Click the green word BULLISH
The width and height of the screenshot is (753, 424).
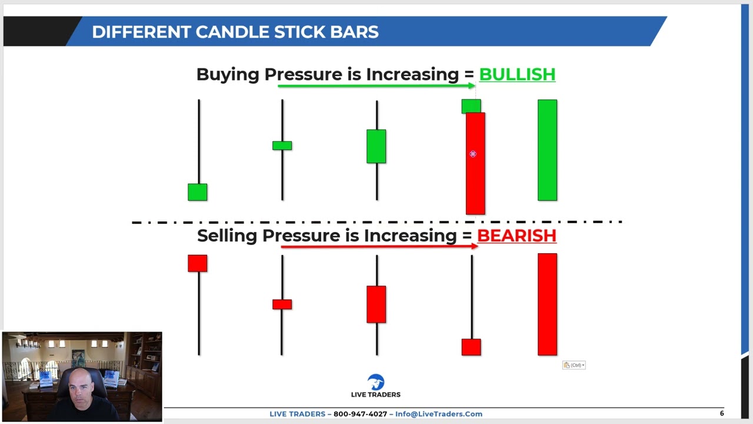(x=517, y=75)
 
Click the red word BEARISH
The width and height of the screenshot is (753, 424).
(x=516, y=236)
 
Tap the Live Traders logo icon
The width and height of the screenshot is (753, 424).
(x=375, y=382)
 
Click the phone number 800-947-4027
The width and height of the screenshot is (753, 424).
(x=360, y=414)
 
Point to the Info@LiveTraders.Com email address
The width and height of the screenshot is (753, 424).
(x=438, y=414)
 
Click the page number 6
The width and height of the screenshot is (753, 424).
(x=722, y=413)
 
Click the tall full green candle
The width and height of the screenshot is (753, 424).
(x=547, y=150)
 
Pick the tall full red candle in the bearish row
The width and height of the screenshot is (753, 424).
(x=547, y=304)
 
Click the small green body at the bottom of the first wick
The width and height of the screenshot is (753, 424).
(x=198, y=192)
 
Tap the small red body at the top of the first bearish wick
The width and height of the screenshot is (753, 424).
(x=198, y=263)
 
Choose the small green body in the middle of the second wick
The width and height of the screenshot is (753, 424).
(x=282, y=145)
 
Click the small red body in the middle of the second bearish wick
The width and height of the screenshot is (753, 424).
(x=282, y=304)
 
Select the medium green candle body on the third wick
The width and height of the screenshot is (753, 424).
(x=376, y=146)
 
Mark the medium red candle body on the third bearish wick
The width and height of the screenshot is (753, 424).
(x=376, y=304)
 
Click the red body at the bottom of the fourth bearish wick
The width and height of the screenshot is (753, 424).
(x=471, y=347)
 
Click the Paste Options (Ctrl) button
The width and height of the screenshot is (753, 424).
(x=574, y=365)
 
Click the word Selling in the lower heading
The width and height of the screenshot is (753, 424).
(x=227, y=236)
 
